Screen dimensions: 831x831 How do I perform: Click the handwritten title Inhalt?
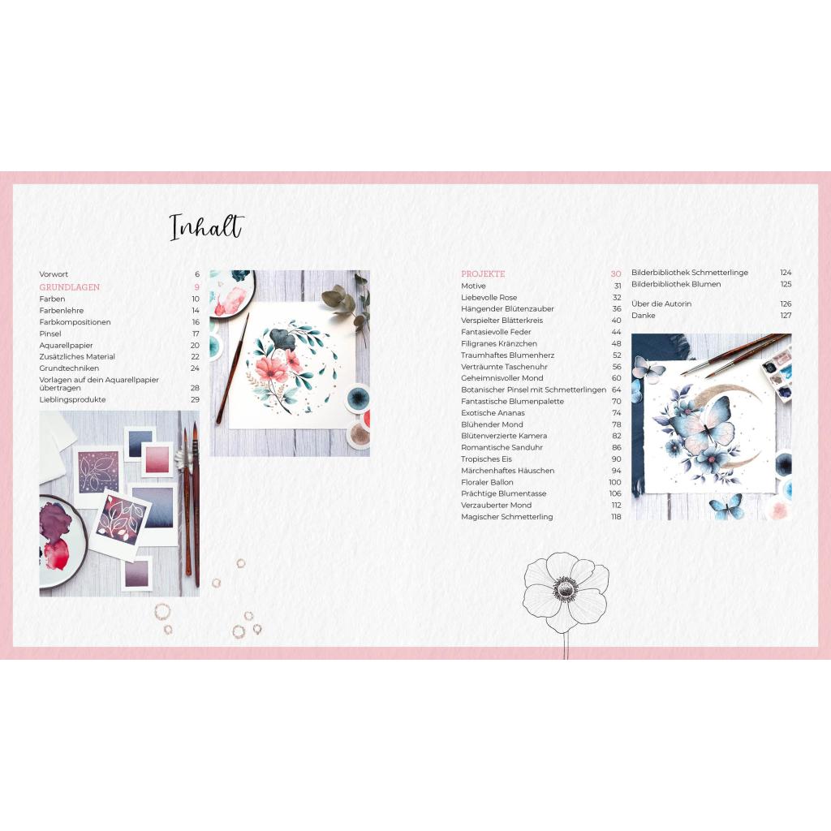tap(206, 227)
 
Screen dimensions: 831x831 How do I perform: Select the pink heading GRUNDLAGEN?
tap(70, 287)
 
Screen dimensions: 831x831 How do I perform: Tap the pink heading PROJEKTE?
tap(483, 274)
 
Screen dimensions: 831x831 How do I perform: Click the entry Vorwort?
tap(54, 274)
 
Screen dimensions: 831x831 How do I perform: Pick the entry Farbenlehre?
tap(62, 311)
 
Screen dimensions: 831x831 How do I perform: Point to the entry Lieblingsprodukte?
tap(72, 399)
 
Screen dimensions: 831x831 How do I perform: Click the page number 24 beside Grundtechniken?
tap(195, 368)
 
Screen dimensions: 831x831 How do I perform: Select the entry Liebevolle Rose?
tap(489, 297)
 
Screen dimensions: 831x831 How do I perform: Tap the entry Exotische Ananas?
tap(493, 413)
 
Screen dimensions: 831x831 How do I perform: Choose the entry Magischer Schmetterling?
tap(506, 517)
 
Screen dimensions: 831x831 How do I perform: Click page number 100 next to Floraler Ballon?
tap(615, 482)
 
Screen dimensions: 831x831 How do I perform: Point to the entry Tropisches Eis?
tap(487, 459)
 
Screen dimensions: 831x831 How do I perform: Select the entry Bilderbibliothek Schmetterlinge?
tap(690, 273)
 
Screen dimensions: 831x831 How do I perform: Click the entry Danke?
tap(643, 316)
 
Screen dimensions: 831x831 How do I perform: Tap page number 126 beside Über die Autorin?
tap(786, 304)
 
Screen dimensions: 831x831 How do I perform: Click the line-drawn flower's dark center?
tap(565, 589)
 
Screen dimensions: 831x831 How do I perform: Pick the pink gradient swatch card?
tap(157, 459)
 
